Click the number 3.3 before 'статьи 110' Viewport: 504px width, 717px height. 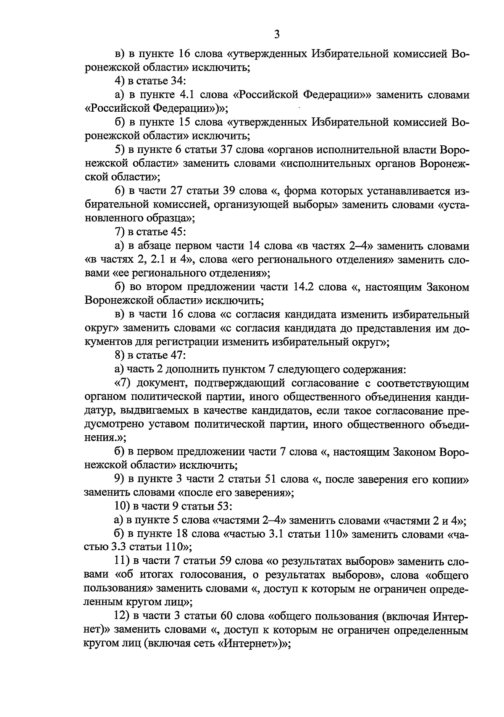(118, 548)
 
